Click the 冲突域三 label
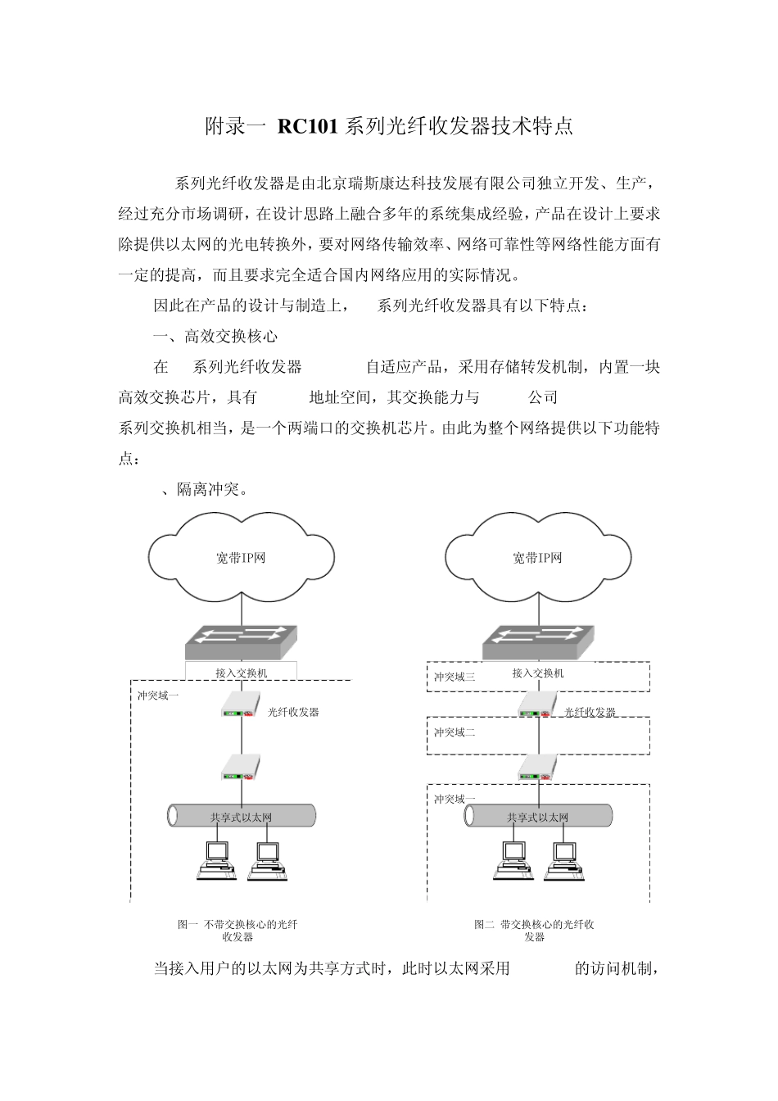[455, 677]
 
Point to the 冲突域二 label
[455, 732]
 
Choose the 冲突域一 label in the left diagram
[158, 695]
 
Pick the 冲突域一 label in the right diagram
[455, 799]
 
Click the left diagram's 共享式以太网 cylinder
[242, 816]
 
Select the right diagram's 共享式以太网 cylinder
[538, 816]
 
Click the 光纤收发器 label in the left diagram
[293, 713]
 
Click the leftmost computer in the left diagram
[217, 860]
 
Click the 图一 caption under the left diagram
[237, 931]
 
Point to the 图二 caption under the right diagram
[534, 931]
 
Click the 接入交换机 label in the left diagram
[242, 673]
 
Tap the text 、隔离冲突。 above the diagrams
[205, 490]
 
